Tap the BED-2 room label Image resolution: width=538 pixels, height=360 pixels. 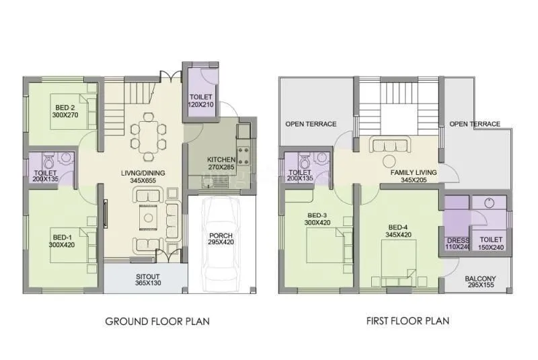[65, 111]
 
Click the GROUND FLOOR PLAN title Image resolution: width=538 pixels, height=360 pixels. [157, 321]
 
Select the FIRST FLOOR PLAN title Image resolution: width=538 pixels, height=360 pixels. [408, 321]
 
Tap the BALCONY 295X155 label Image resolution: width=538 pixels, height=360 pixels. [480, 283]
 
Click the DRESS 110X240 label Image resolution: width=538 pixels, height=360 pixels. [457, 243]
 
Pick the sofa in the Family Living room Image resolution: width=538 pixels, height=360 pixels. [388, 145]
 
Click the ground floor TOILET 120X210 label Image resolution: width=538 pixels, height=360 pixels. [201, 101]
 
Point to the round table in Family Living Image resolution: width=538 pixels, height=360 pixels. [389, 161]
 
